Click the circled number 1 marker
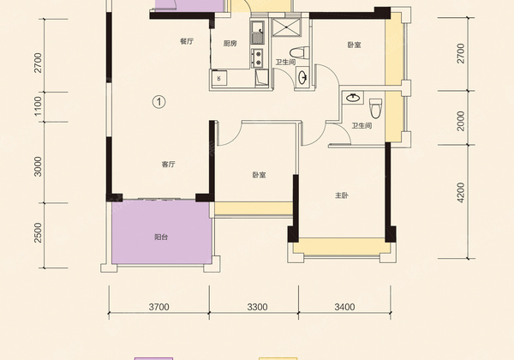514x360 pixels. (159, 102)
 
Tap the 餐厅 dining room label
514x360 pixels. (187, 41)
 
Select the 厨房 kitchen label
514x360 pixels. (230, 43)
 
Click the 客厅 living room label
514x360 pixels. (169, 165)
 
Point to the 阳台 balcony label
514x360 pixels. (161, 237)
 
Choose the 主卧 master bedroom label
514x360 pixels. (342, 195)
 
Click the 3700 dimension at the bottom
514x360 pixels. (159, 307)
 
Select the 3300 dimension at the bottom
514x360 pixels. (257, 307)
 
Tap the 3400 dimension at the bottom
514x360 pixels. (344, 307)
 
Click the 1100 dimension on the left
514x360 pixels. (39, 105)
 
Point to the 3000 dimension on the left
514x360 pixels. (39, 166)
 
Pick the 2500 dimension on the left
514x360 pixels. (39, 233)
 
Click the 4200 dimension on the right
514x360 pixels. (461, 193)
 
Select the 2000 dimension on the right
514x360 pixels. (461, 121)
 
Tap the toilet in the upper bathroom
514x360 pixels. (300, 53)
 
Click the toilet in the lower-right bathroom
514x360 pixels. (376, 108)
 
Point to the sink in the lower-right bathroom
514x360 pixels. (353, 98)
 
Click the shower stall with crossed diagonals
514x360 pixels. (286, 27)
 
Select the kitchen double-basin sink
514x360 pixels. (257, 33)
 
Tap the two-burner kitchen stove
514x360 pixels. (257, 57)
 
